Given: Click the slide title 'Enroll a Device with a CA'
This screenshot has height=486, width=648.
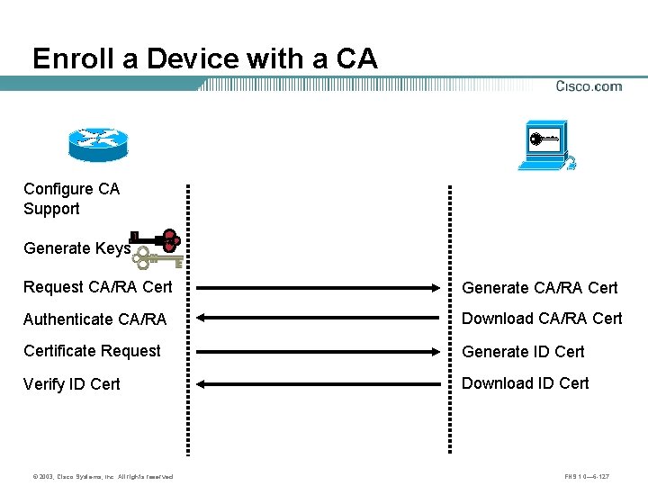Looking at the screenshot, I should tap(205, 58).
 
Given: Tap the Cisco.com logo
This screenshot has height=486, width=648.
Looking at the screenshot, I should tap(589, 86).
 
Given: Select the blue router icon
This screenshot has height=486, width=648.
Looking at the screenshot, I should tap(98, 142).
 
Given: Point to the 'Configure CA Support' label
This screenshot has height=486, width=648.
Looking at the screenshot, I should tap(71, 199).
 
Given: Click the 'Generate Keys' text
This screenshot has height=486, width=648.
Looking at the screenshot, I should tap(77, 248).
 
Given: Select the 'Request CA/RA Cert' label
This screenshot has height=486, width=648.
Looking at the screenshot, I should tap(97, 288).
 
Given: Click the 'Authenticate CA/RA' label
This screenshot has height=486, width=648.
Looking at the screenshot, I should tap(94, 319).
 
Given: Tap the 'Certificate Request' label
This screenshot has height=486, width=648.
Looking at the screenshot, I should tap(92, 351).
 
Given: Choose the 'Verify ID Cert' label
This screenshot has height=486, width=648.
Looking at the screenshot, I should tap(72, 384).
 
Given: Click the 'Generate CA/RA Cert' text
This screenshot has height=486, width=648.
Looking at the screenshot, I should tap(540, 288).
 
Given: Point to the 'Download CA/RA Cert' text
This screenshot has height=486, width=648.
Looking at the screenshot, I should tap(542, 319).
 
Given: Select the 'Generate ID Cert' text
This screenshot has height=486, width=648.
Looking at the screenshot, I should tap(523, 352).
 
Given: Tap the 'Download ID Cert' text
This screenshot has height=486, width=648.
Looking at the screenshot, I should tap(526, 383).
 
